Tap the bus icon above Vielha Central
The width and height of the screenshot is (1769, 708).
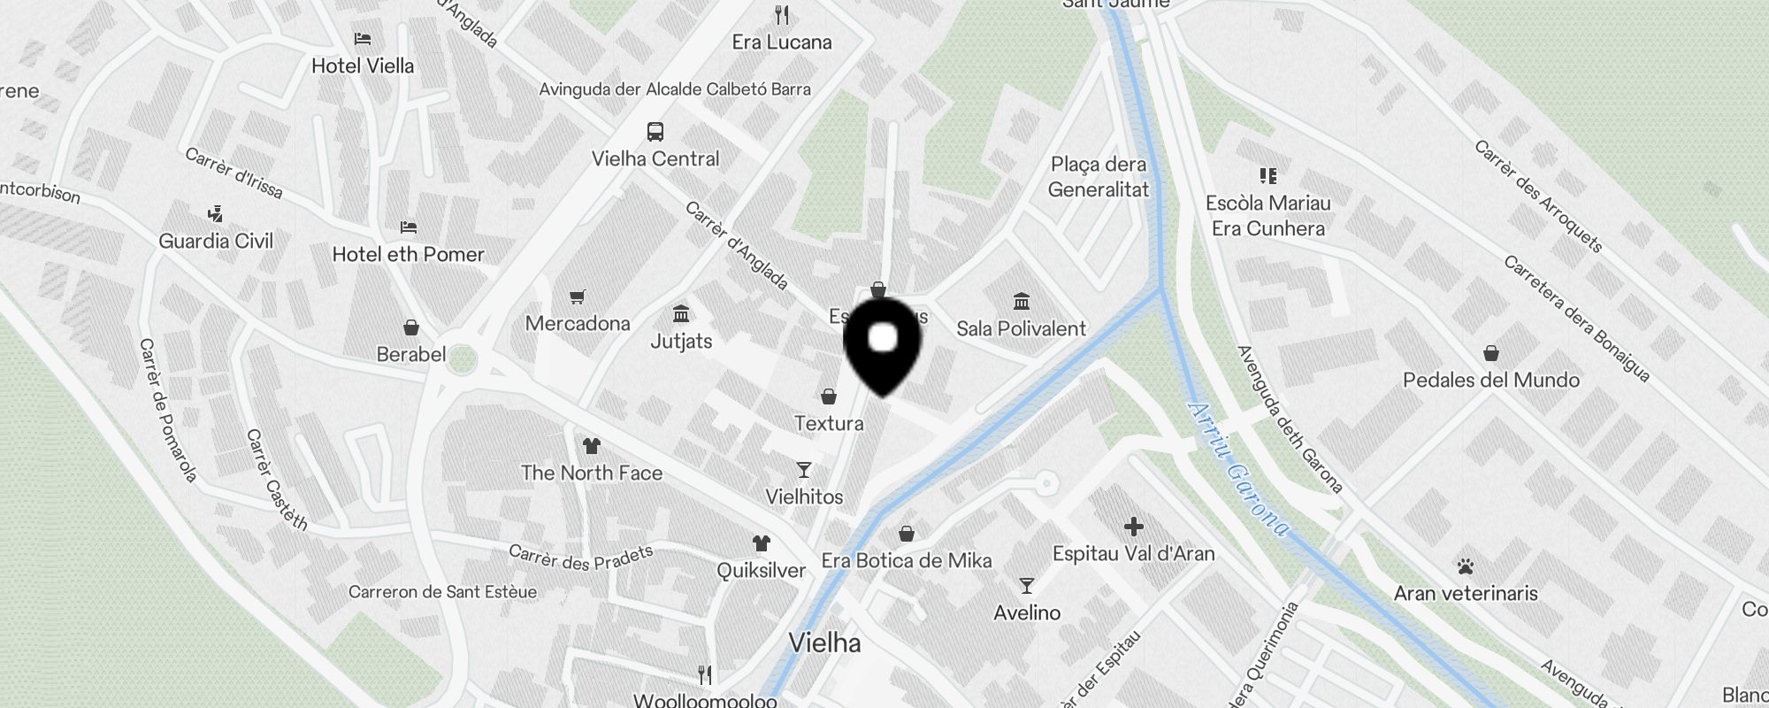[655, 132]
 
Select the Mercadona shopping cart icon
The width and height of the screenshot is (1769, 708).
[578, 297]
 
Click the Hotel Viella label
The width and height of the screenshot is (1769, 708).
[363, 65]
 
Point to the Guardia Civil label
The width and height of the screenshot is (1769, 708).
[216, 241]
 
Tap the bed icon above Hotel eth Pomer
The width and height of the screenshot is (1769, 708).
[408, 227]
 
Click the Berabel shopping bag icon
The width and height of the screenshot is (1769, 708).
[410, 328]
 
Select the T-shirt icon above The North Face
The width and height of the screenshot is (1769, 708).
[591, 446]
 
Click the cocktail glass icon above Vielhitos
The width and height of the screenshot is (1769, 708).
[804, 470]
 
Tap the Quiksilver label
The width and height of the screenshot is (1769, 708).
[761, 570]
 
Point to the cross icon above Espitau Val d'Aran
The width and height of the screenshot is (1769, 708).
[1133, 527]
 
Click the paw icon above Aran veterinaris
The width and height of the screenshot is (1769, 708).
[1466, 566]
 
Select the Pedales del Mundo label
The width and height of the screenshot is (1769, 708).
[1491, 381]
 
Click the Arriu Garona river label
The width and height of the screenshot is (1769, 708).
[1237, 469]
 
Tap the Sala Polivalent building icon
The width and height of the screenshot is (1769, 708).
[1022, 302]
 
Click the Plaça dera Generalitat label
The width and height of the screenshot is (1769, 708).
[1099, 177]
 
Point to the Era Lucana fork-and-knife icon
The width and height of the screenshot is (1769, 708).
[781, 15]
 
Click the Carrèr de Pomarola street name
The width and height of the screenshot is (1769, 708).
[167, 411]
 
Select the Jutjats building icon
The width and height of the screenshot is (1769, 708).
[681, 314]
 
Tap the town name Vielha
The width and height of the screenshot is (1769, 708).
[824, 643]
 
